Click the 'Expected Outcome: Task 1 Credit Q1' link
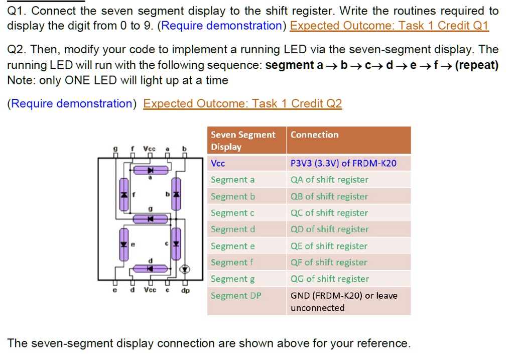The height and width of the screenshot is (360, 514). coord(390,26)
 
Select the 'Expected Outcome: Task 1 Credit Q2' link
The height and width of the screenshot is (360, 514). coord(242,103)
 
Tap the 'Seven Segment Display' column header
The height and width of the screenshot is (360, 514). coord(243,140)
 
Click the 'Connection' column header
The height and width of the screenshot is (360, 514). coord(314,135)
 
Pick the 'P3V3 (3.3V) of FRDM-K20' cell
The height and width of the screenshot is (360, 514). coord(343,163)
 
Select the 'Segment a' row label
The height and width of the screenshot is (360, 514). coord(232,180)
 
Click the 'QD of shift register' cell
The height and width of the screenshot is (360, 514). coord(329,229)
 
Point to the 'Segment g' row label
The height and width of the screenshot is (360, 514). coord(233,279)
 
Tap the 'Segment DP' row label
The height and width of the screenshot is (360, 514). coord(236,295)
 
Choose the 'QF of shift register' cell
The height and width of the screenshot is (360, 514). coord(329,262)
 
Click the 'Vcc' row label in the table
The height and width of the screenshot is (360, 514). coord(218,163)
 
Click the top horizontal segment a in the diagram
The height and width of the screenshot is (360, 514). coord(151,170)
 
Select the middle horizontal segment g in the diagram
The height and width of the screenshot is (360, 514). coord(151,219)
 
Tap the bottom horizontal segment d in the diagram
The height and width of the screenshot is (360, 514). coord(151,269)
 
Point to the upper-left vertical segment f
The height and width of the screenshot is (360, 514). coord(124,194)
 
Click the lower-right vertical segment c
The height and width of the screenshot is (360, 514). coord(176,244)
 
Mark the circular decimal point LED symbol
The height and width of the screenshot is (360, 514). coord(185,270)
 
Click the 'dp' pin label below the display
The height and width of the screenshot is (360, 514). coord(185,291)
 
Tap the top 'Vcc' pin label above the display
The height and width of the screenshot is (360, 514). coord(150,149)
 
